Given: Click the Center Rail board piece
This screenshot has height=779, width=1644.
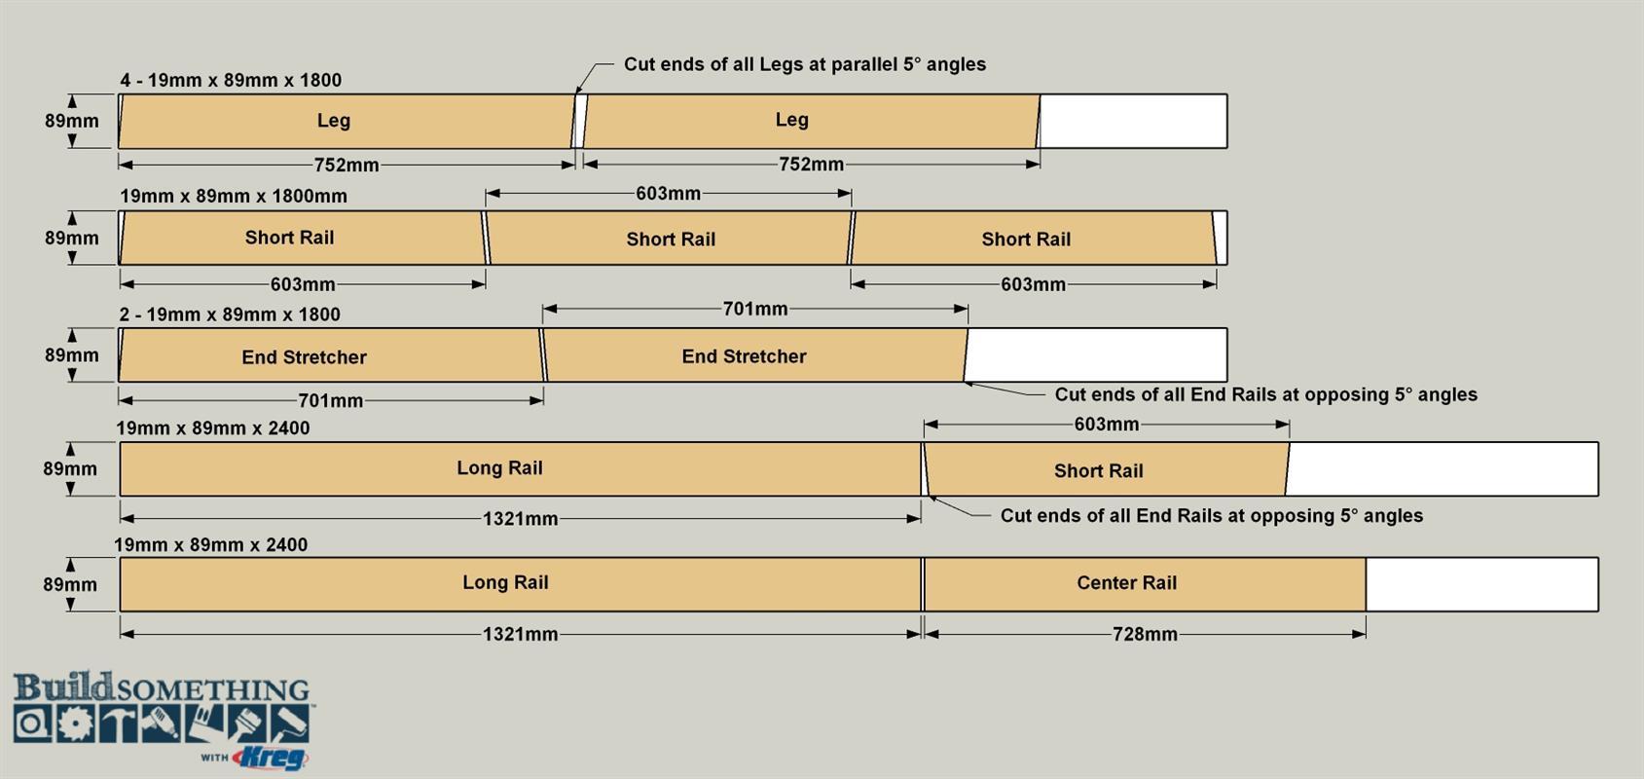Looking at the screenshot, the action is pos(1145,583).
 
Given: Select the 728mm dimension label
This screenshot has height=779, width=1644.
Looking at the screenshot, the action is pos(1145,634).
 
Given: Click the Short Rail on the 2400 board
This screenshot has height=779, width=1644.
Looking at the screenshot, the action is pos(1106,469).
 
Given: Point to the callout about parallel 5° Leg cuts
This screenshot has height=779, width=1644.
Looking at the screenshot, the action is pos(804,64).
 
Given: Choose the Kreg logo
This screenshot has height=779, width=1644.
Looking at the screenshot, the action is pos(270,759).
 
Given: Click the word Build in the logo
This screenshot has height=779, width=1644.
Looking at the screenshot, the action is pos(63,686).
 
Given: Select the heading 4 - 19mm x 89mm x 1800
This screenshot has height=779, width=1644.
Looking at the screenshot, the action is pos(231,80).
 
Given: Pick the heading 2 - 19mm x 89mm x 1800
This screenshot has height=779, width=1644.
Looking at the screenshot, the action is pos(230,315).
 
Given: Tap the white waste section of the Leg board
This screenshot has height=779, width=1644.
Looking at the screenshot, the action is pos(1133,121).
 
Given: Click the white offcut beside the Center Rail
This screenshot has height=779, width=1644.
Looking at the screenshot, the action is pos(1481,584).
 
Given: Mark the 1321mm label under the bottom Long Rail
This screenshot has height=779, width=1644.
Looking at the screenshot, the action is pos(521,634).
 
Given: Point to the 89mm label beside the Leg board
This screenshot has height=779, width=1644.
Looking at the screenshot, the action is pos(71,121).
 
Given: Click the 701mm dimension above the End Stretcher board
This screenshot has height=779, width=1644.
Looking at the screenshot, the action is pos(755,309).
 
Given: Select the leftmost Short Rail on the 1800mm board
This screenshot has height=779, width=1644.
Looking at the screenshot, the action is pos(303,238).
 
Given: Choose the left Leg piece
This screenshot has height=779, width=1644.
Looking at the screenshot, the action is pos(347,121).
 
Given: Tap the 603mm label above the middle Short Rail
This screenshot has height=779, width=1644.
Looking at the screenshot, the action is pos(668,194).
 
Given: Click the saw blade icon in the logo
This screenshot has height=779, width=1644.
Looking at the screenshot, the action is pos(75,724).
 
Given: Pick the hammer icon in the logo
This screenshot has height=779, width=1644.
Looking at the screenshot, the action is pos(119,724).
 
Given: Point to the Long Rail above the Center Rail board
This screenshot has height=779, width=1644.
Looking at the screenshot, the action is pos(521,469).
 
